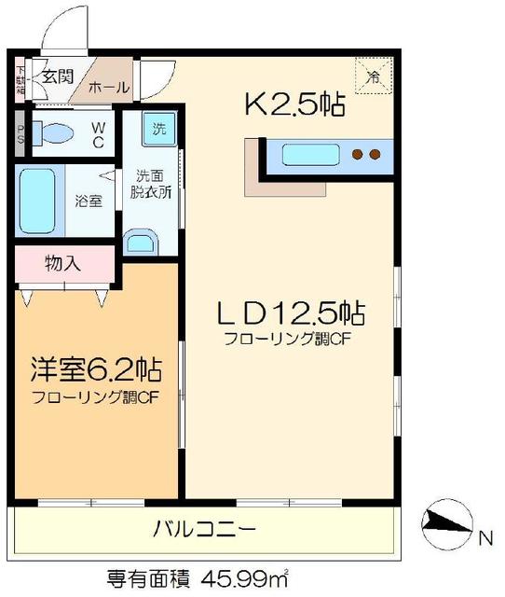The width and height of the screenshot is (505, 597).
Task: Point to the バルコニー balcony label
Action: coord(204,531)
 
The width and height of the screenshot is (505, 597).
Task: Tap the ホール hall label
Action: coord(108,88)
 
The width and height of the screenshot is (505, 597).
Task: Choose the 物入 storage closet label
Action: coord(62,263)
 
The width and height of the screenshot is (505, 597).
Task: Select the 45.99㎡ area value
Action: coord(235,577)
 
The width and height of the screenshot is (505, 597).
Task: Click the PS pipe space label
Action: coord(20,134)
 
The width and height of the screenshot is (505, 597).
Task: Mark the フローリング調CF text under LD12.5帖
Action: coord(286,340)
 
